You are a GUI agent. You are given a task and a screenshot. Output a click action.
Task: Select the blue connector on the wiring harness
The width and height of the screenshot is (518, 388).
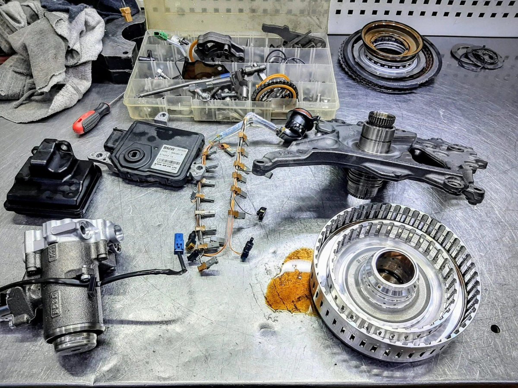point(179,244)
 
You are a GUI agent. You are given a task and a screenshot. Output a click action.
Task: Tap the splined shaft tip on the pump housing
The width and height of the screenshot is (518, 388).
point(381,119)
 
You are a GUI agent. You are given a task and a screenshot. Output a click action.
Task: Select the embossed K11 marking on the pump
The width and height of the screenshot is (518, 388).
point(52,255)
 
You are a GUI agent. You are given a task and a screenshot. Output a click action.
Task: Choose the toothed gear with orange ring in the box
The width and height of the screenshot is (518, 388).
point(275,88)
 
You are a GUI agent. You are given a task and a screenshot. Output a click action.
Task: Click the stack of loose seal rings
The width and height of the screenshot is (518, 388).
point(477,56)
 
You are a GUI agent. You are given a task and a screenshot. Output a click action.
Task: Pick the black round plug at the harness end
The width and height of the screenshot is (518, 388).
point(298,123)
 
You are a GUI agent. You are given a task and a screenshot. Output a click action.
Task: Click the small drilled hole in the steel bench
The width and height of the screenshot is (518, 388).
point(495,329)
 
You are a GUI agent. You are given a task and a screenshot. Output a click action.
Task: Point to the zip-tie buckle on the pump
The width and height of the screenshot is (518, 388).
point(92,282)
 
